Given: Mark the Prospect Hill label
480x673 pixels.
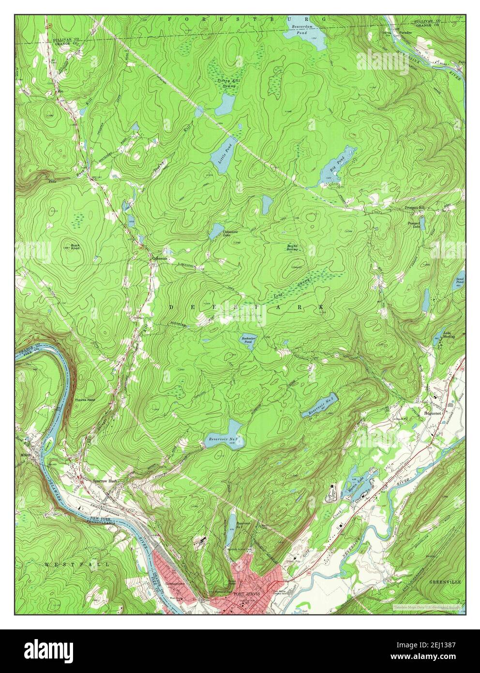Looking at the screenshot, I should pyautogui.click(x=414, y=207).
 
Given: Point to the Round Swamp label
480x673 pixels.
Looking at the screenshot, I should pyautogui.click(x=292, y=247).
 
